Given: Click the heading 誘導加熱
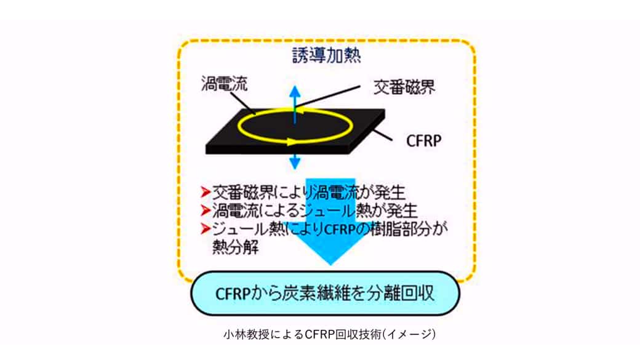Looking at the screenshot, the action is coord(327,55).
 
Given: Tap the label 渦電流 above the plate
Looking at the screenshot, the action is coord(224,83).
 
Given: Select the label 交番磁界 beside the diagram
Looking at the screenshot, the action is coord(404,87).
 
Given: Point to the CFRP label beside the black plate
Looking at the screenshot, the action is coord(423,141).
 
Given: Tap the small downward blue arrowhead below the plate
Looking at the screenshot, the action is coord(295,164).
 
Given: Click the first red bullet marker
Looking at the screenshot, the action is coord(206,191).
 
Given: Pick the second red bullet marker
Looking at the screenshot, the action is coord(206,210).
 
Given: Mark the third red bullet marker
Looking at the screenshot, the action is coord(206,228).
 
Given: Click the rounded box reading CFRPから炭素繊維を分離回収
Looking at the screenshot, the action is coord(326,293).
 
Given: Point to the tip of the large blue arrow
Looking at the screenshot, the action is coord(330,265).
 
